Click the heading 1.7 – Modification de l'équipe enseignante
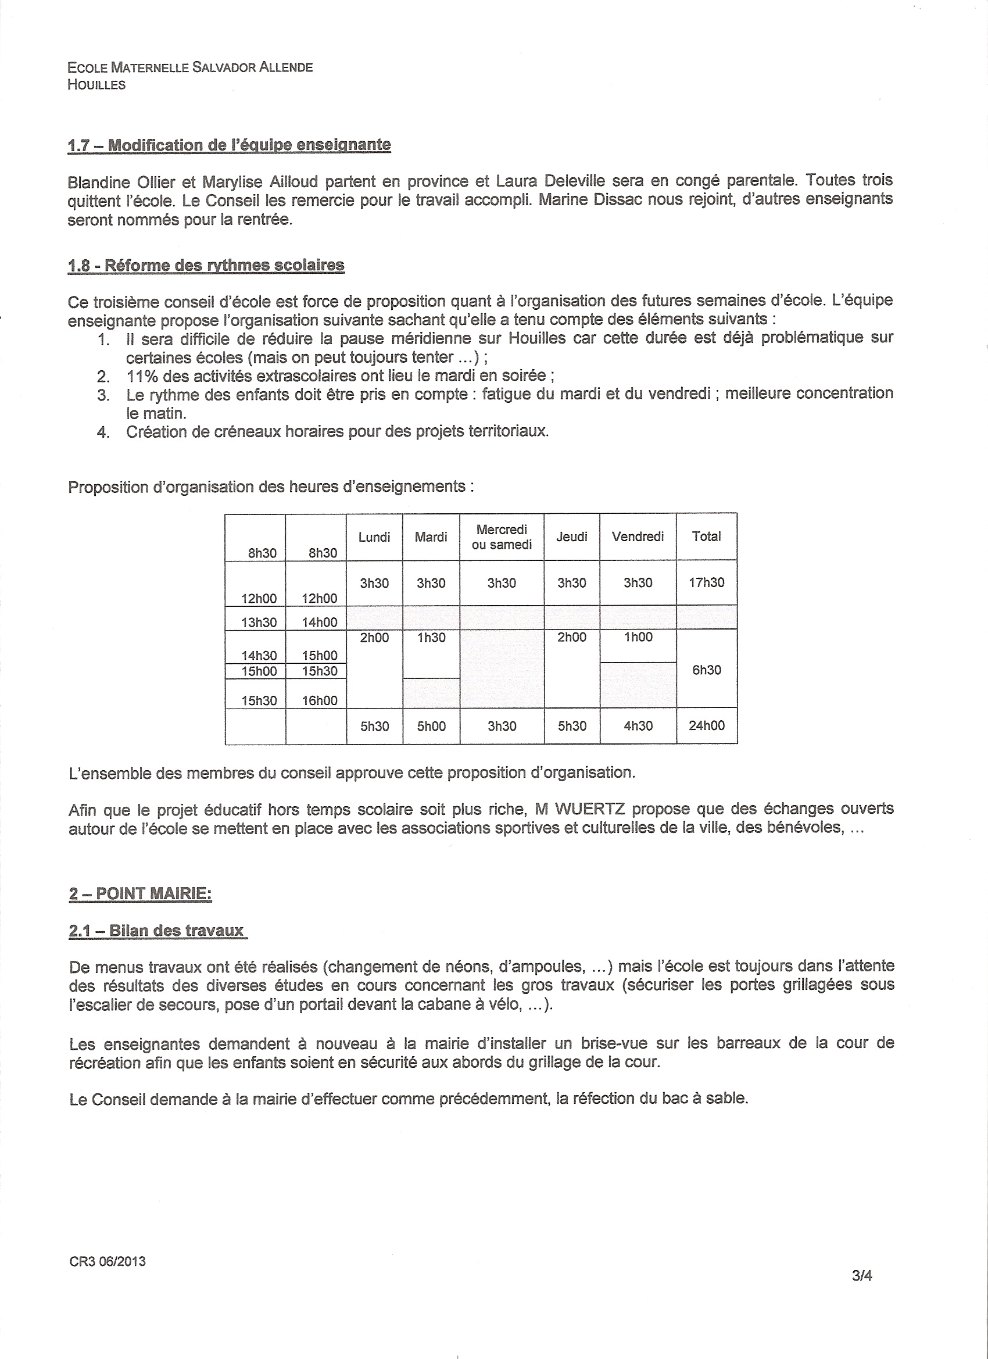click(229, 145)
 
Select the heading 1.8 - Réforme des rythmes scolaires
click(206, 265)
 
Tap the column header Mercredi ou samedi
click(502, 537)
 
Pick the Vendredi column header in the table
click(638, 537)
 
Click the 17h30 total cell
click(706, 582)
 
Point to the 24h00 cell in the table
click(706, 725)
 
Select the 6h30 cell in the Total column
click(706, 670)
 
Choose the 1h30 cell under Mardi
click(431, 638)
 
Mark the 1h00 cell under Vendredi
click(638, 637)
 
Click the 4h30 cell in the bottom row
click(638, 725)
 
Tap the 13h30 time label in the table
click(259, 622)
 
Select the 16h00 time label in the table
click(319, 700)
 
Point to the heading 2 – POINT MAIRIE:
click(140, 893)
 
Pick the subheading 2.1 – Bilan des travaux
click(157, 931)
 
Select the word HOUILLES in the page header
click(96, 85)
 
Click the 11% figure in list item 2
click(141, 376)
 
